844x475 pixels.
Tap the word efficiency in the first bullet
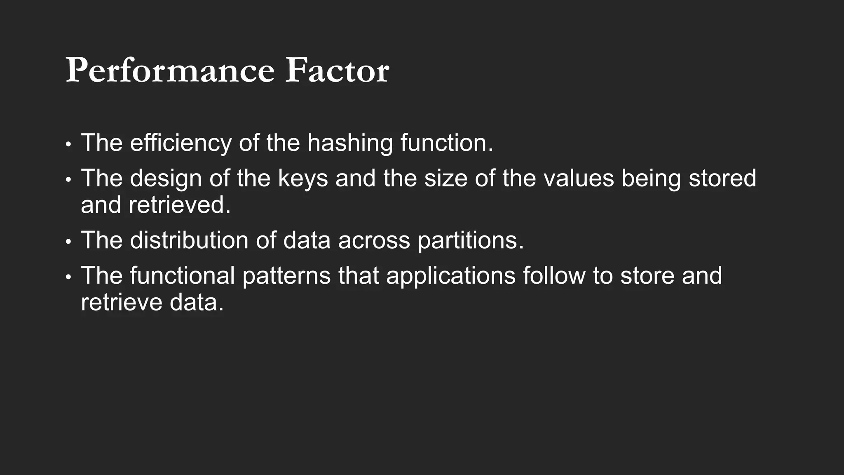click(181, 143)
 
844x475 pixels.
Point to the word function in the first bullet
click(446, 143)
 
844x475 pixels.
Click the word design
click(166, 179)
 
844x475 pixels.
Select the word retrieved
click(179, 205)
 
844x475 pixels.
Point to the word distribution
click(189, 240)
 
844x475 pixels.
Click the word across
click(374, 240)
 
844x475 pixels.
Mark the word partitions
click(470, 240)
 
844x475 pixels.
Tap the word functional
click(182, 276)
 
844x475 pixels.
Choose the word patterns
click(286, 276)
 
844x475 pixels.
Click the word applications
click(450, 276)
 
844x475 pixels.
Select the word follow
click(554, 276)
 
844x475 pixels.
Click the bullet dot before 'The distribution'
click(68, 242)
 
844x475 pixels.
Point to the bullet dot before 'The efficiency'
click(68, 145)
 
